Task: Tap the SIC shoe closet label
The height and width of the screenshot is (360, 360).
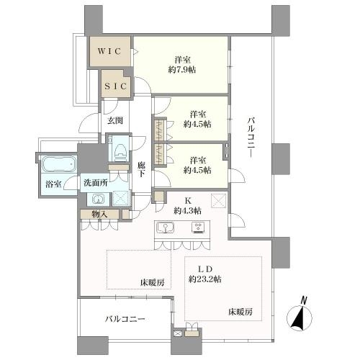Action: [x=115, y=86]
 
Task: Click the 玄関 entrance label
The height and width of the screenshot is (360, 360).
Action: [x=116, y=121]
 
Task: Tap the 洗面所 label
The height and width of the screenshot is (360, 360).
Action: [x=95, y=183]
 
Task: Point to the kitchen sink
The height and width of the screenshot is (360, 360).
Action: [x=165, y=229]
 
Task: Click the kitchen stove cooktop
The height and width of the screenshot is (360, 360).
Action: [x=197, y=229]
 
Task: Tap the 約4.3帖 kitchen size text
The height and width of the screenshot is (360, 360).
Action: [x=187, y=210]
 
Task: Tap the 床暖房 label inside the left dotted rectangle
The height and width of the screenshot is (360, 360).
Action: [x=152, y=282]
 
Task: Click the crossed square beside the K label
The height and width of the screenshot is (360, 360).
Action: [x=218, y=199]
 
